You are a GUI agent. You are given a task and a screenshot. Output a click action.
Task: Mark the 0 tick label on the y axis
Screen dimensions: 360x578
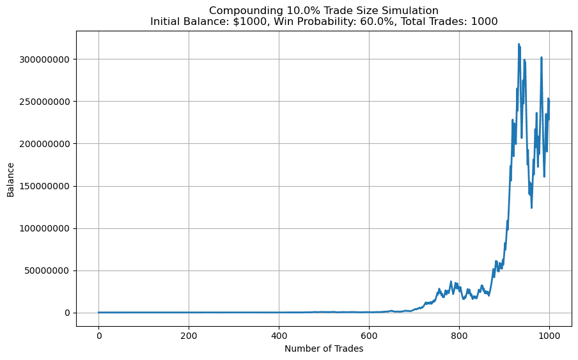(x=66, y=313)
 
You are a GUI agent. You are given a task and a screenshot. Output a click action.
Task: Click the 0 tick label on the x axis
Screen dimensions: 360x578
(x=98, y=336)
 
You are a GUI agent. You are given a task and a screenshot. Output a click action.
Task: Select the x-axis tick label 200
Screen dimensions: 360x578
(x=189, y=336)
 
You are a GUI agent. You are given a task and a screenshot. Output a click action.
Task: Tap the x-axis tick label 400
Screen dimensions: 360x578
(x=279, y=336)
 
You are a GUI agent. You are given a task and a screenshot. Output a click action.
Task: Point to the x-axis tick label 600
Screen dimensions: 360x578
(x=369, y=336)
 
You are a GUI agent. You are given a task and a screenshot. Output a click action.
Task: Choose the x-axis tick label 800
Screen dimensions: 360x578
(x=459, y=336)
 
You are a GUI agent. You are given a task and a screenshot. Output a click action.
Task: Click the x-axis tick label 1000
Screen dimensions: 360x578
(x=549, y=336)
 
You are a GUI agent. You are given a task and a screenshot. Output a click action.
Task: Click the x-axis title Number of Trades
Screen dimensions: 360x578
(x=324, y=348)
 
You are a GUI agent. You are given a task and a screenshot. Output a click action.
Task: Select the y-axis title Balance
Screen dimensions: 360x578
(x=11, y=179)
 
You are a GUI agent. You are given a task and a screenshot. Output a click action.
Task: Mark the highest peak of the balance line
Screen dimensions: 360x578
(x=519, y=44)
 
